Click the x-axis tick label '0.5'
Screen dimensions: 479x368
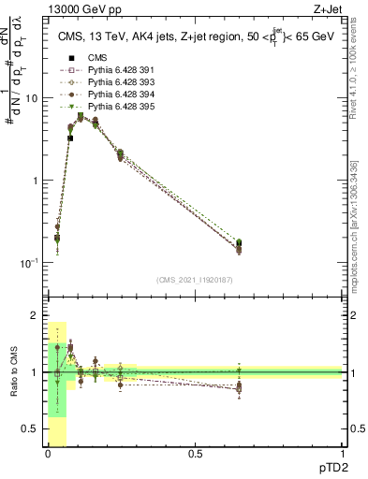(194, 454)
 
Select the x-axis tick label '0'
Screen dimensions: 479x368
(47, 454)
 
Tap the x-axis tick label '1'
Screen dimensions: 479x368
(341, 454)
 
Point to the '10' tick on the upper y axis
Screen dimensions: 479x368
(32, 98)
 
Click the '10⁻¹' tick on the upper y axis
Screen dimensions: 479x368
(29, 263)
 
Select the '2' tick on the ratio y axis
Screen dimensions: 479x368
(36, 316)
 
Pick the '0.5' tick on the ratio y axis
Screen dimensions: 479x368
(31, 428)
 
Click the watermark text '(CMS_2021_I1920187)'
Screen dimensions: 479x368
(194, 280)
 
